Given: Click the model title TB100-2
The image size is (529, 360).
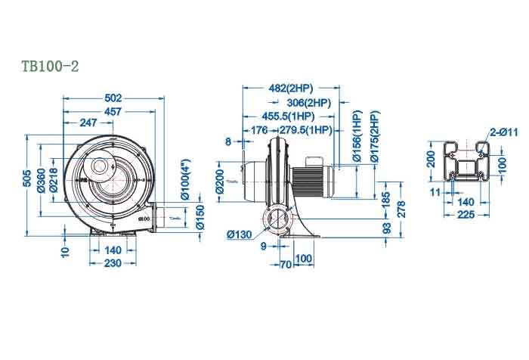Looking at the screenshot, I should [x=51, y=67].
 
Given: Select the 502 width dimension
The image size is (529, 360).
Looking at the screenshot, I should [x=113, y=98].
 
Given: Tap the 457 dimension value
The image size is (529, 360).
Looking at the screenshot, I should [x=114, y=110].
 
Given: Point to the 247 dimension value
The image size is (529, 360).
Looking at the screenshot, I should [x=88, y=123].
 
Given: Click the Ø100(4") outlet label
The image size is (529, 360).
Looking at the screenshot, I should [x=184, y=178].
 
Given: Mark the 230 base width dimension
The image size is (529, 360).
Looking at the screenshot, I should [x=113, y=262].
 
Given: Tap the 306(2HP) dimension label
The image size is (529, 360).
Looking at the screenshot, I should [x=308, y=103].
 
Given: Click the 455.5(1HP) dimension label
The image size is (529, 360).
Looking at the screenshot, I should [x=288, y=116].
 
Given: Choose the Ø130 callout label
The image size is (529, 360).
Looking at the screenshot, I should [x=239, y=234].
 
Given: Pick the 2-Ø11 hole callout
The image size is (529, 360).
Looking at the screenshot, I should [x=503, y=132].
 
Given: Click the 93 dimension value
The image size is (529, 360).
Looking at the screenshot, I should [x=386, y=228].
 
